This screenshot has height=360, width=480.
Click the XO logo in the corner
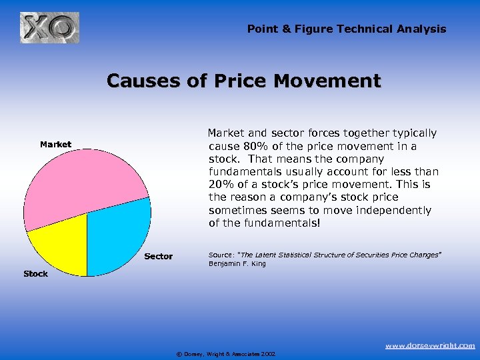(49, 28)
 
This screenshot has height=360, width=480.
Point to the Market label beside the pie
(55, 144)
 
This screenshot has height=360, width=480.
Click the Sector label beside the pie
(158, 256)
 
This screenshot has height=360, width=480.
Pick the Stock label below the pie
(35, 274)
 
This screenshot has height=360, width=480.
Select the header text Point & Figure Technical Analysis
(347, 29)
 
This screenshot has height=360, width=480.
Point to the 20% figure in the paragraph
(221, 185)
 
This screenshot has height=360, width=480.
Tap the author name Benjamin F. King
(237, 264)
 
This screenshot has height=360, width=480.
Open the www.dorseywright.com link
(430, 345)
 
